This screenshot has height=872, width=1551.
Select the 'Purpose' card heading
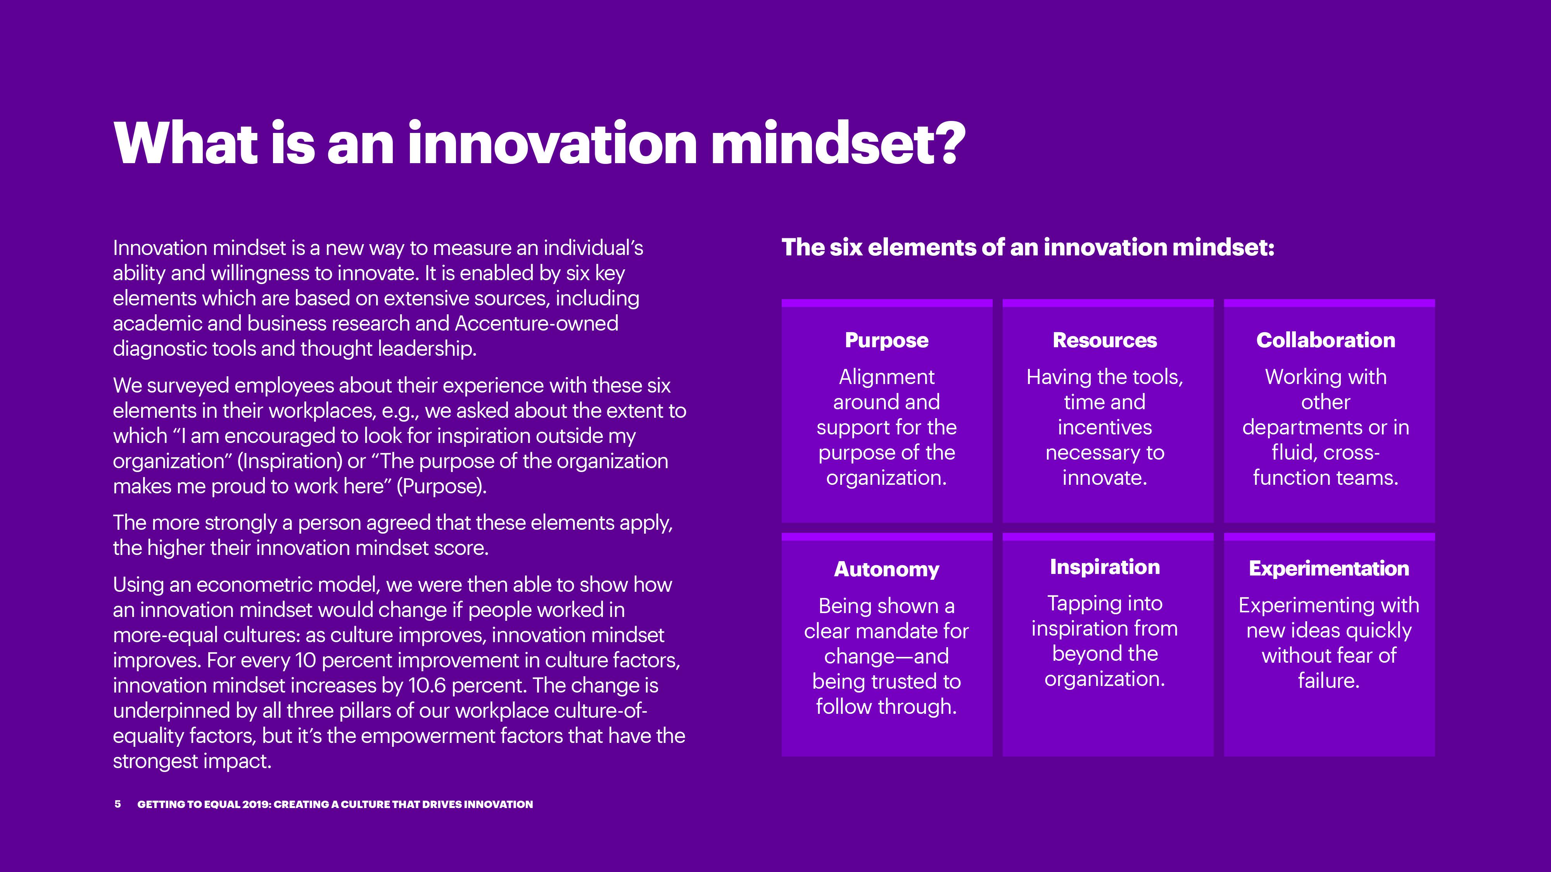point(886,341)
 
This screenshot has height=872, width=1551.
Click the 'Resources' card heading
point(1105,341)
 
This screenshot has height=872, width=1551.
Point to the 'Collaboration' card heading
point(1326,341)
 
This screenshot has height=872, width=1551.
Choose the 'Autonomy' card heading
point(886,569)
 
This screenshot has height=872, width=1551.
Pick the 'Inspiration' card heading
point(1105,567)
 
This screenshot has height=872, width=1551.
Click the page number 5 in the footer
point(117,804)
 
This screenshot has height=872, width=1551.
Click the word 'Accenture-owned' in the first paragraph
point(537,323)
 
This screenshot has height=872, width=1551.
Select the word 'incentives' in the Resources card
point(1105,427)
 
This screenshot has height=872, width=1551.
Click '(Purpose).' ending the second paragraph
point(441,486)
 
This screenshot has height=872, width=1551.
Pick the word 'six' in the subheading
point(845,247)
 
